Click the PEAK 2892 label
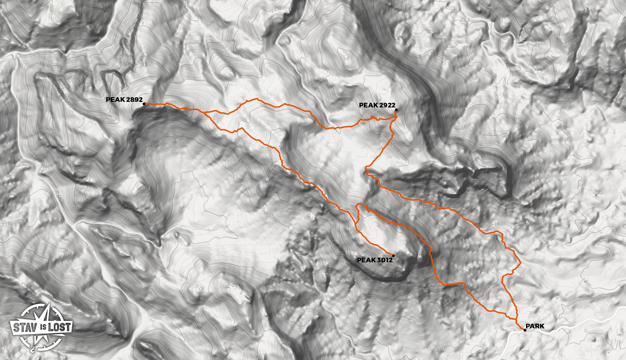click(124, 100)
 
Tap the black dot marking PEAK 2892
click(144, 104)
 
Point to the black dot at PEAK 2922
click(396, 110)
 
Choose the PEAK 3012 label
click(375, 260)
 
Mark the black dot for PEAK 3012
click(394, 255)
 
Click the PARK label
click(535, 327)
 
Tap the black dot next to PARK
click(525, 330)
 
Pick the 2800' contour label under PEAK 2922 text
click(379, 113)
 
